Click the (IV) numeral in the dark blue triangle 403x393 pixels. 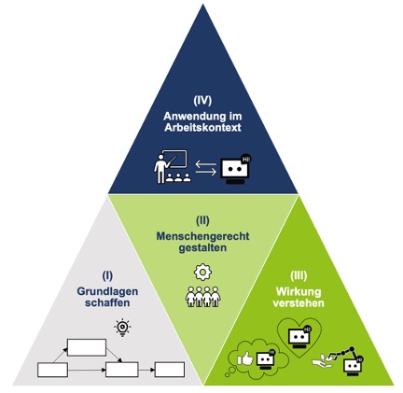[202, 101]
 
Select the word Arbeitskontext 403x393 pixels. [202, 128]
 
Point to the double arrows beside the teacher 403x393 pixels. [206, 168]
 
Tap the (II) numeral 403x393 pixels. [202, 220]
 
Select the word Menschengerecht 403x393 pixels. [202, 236]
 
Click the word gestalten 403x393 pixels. [202, 248]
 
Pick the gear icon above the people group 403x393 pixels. [202, 273]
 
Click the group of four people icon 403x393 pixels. [203, 297]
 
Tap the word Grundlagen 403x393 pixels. [107, 291]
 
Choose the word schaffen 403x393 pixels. [107, 302]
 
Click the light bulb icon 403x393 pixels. [122, 328]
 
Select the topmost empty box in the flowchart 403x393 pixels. [87, 347]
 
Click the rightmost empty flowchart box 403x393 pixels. [170, 370]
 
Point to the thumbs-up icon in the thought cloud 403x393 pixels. [245, 358]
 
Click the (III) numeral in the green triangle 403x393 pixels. [299, 275]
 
